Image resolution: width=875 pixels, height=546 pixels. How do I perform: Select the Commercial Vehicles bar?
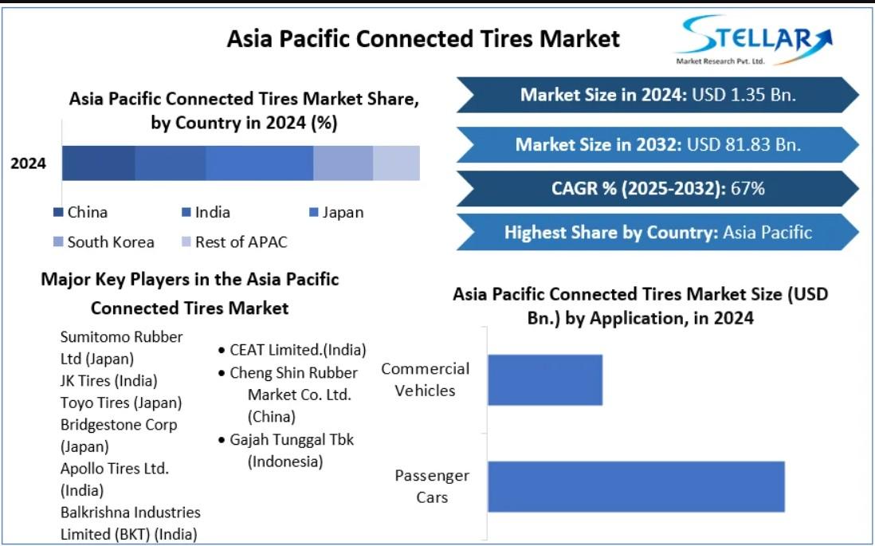545,379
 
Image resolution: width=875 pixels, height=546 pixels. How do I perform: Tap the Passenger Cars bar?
636,486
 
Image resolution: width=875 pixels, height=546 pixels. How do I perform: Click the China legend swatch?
58,212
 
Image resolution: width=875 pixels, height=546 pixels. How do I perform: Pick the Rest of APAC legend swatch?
186,242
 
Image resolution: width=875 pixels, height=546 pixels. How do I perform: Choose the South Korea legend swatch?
58,242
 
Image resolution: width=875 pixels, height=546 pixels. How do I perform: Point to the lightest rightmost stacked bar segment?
396,163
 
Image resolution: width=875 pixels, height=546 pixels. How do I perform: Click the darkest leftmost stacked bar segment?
99,163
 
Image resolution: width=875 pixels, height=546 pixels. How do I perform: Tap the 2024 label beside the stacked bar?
29,163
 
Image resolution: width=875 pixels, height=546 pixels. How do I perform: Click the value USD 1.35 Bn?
744,95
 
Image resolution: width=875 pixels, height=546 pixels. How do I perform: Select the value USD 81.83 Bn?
744,144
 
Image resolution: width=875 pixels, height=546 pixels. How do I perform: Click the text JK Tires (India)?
109,381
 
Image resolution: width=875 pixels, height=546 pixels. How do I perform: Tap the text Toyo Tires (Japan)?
121,403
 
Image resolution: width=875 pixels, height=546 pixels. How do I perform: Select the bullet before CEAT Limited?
222,352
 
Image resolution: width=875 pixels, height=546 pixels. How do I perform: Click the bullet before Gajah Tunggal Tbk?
222,441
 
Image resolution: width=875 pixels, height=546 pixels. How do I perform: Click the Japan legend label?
343,213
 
